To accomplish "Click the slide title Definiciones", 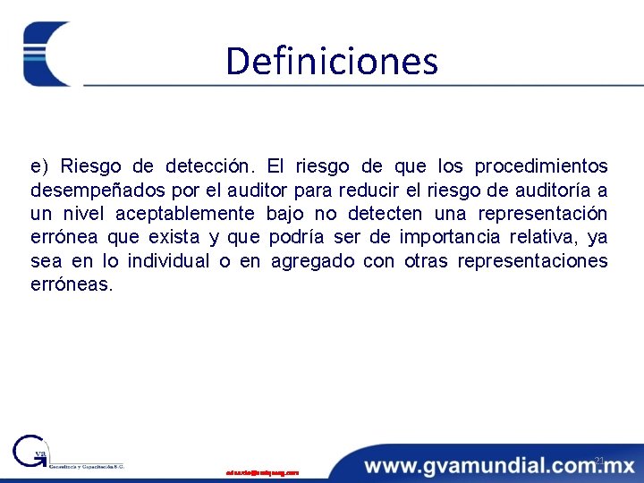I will (x=332, y=61).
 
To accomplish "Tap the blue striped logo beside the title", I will (x=47, y=54).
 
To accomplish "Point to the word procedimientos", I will (x=541, y=166).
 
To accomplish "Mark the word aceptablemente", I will (x=183, y=214).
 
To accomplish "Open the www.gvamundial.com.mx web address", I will (x=499, y=465).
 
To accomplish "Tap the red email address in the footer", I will (x=262, y=471).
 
